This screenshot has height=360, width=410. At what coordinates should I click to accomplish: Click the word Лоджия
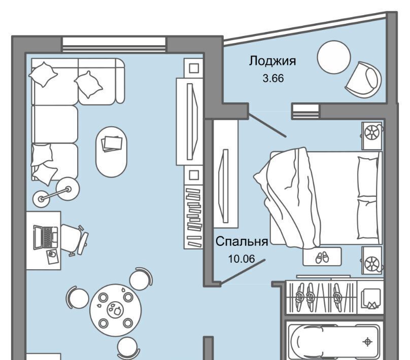pyautogui.click(x=272, y=61)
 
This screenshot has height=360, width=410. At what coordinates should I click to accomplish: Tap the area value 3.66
pyautogui.click(x=273, y=78)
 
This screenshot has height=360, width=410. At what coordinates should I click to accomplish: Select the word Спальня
pyautogui.click(x=242, y=242)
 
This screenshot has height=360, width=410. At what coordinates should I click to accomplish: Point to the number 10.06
pyautogui.click(x=242, y=259)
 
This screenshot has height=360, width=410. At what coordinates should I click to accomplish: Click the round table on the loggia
pyautogui.click(x=334, y=57)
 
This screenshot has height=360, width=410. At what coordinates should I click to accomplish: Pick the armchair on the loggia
pyautogui.click(x=363, y=80)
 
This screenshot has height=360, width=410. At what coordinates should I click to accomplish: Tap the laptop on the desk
pyautogui.click(x=46, y=237)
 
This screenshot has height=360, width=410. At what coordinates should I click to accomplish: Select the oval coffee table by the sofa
pyautogui.click(x=112, y=152)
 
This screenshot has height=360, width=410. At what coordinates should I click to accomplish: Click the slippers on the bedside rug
pyautogui.click(x=322, y=257)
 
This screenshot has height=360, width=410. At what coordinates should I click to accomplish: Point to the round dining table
pyautogui.click(x=115, y=310)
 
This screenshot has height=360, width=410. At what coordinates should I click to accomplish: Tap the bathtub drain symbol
pyautogui.click(x=367, y=341)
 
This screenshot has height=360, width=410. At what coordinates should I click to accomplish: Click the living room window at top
pyautogui.click(x=114, y=45)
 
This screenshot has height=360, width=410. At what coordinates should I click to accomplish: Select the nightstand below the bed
pyautogui.click(x=372, y=260)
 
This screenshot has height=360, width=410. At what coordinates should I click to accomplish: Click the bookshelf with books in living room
pyautogui.click(x=193, y=217)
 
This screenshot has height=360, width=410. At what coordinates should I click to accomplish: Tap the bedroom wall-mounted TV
pyautogui.click(x=225, y=186)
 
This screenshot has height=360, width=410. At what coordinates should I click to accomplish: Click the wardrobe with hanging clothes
pyautogui.click(x=322, y=297)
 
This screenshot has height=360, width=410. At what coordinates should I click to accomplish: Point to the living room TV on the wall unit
pyautogui.click(x=192, y=122)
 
